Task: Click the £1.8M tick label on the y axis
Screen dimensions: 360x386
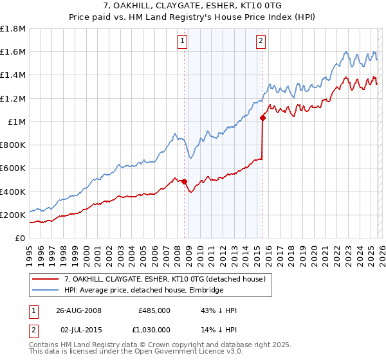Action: coord(13,29)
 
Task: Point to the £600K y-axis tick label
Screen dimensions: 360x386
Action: coord(13,168)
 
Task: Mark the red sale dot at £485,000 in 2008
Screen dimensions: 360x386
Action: coord(185,182)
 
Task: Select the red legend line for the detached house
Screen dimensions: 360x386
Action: coord(45,278)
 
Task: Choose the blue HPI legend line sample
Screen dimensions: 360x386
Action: coord(45,290)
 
